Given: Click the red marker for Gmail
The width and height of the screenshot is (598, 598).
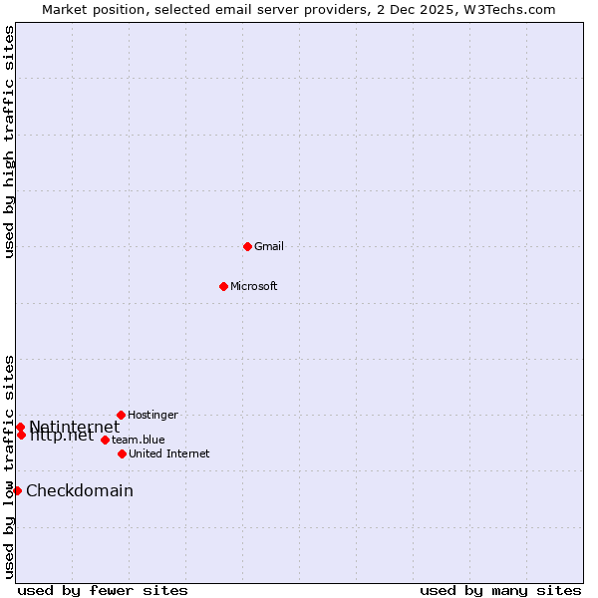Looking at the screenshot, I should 247,246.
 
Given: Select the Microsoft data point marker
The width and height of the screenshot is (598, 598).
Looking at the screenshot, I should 223,286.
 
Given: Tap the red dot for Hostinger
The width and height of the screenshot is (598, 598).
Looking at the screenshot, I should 121,415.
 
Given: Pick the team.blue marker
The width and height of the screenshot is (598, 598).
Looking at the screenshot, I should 105,440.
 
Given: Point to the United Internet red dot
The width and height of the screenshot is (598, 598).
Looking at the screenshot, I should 122,453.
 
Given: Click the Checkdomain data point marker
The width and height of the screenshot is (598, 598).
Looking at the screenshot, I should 17,490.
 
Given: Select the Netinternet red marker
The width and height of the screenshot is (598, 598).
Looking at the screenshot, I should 20,427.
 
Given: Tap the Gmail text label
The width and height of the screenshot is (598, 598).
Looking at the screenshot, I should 269,246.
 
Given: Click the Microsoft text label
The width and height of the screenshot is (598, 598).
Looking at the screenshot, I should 254,286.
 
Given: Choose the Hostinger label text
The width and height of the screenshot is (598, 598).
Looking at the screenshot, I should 152,415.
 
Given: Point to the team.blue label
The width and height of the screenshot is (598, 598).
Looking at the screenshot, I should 139,440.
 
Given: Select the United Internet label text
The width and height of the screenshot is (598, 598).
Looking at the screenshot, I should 169,453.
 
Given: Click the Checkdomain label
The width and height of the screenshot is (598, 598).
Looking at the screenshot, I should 80,490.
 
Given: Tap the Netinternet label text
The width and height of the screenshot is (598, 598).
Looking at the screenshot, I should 75,426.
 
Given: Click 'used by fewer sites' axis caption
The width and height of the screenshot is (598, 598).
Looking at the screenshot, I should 103,590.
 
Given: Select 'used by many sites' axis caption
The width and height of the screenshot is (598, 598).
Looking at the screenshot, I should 500,590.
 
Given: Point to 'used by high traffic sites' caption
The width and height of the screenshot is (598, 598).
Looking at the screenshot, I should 9,142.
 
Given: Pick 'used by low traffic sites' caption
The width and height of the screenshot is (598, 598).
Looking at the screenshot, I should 9,466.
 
